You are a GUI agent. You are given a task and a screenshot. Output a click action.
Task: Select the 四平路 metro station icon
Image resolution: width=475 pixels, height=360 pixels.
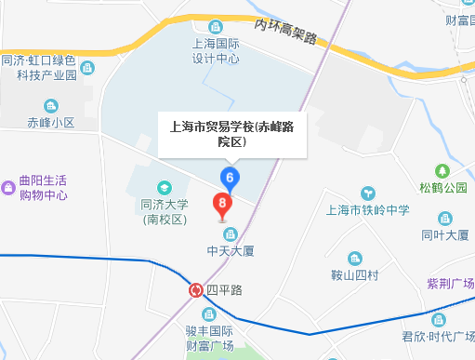(x=196, y=290)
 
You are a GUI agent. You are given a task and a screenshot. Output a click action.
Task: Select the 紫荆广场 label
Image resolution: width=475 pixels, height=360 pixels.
(x=450, y=283)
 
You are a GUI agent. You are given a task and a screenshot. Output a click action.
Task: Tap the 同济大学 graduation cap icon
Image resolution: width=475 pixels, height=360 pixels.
(x=164, y=188)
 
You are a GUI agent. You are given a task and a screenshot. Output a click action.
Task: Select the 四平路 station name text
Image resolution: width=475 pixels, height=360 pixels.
(x=223, y=290)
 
